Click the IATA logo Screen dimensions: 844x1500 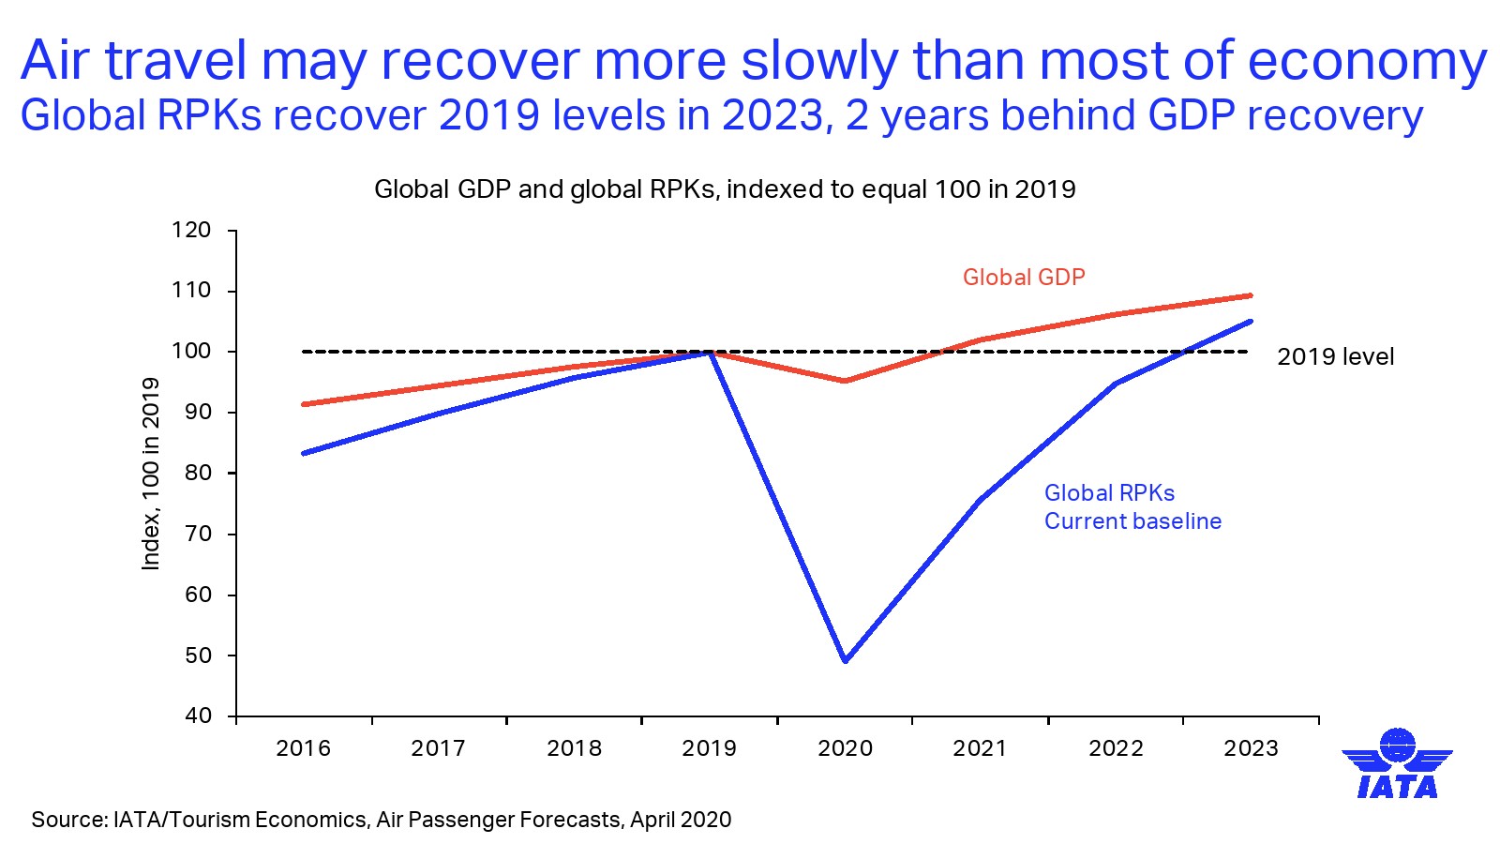point(1397,764)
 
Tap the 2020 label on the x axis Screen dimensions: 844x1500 point(845,748)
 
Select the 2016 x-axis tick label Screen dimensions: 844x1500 point(303,748)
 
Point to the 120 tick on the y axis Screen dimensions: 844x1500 point(191,231)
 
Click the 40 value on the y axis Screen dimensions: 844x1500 point(198,716)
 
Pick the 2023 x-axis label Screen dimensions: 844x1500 point(1251,748)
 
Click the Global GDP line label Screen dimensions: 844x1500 point(1024,278)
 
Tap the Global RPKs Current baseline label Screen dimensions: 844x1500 point(1132,507)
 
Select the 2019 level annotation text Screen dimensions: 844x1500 point(1335,357)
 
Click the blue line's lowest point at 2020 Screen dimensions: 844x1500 point(846,661)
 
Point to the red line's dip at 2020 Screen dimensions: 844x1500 point(845,381)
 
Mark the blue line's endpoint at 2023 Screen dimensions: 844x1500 point(1251,322)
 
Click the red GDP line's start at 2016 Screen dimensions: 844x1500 point(304,404)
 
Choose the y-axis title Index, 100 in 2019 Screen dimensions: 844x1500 point(151,474)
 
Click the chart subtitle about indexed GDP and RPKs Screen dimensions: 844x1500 point(725,189)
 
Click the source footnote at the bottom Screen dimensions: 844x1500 point(381,820)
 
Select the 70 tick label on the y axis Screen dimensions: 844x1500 point(198,535)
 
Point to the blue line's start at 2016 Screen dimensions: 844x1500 point(304,453)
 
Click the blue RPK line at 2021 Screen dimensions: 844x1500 point(980,501)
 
